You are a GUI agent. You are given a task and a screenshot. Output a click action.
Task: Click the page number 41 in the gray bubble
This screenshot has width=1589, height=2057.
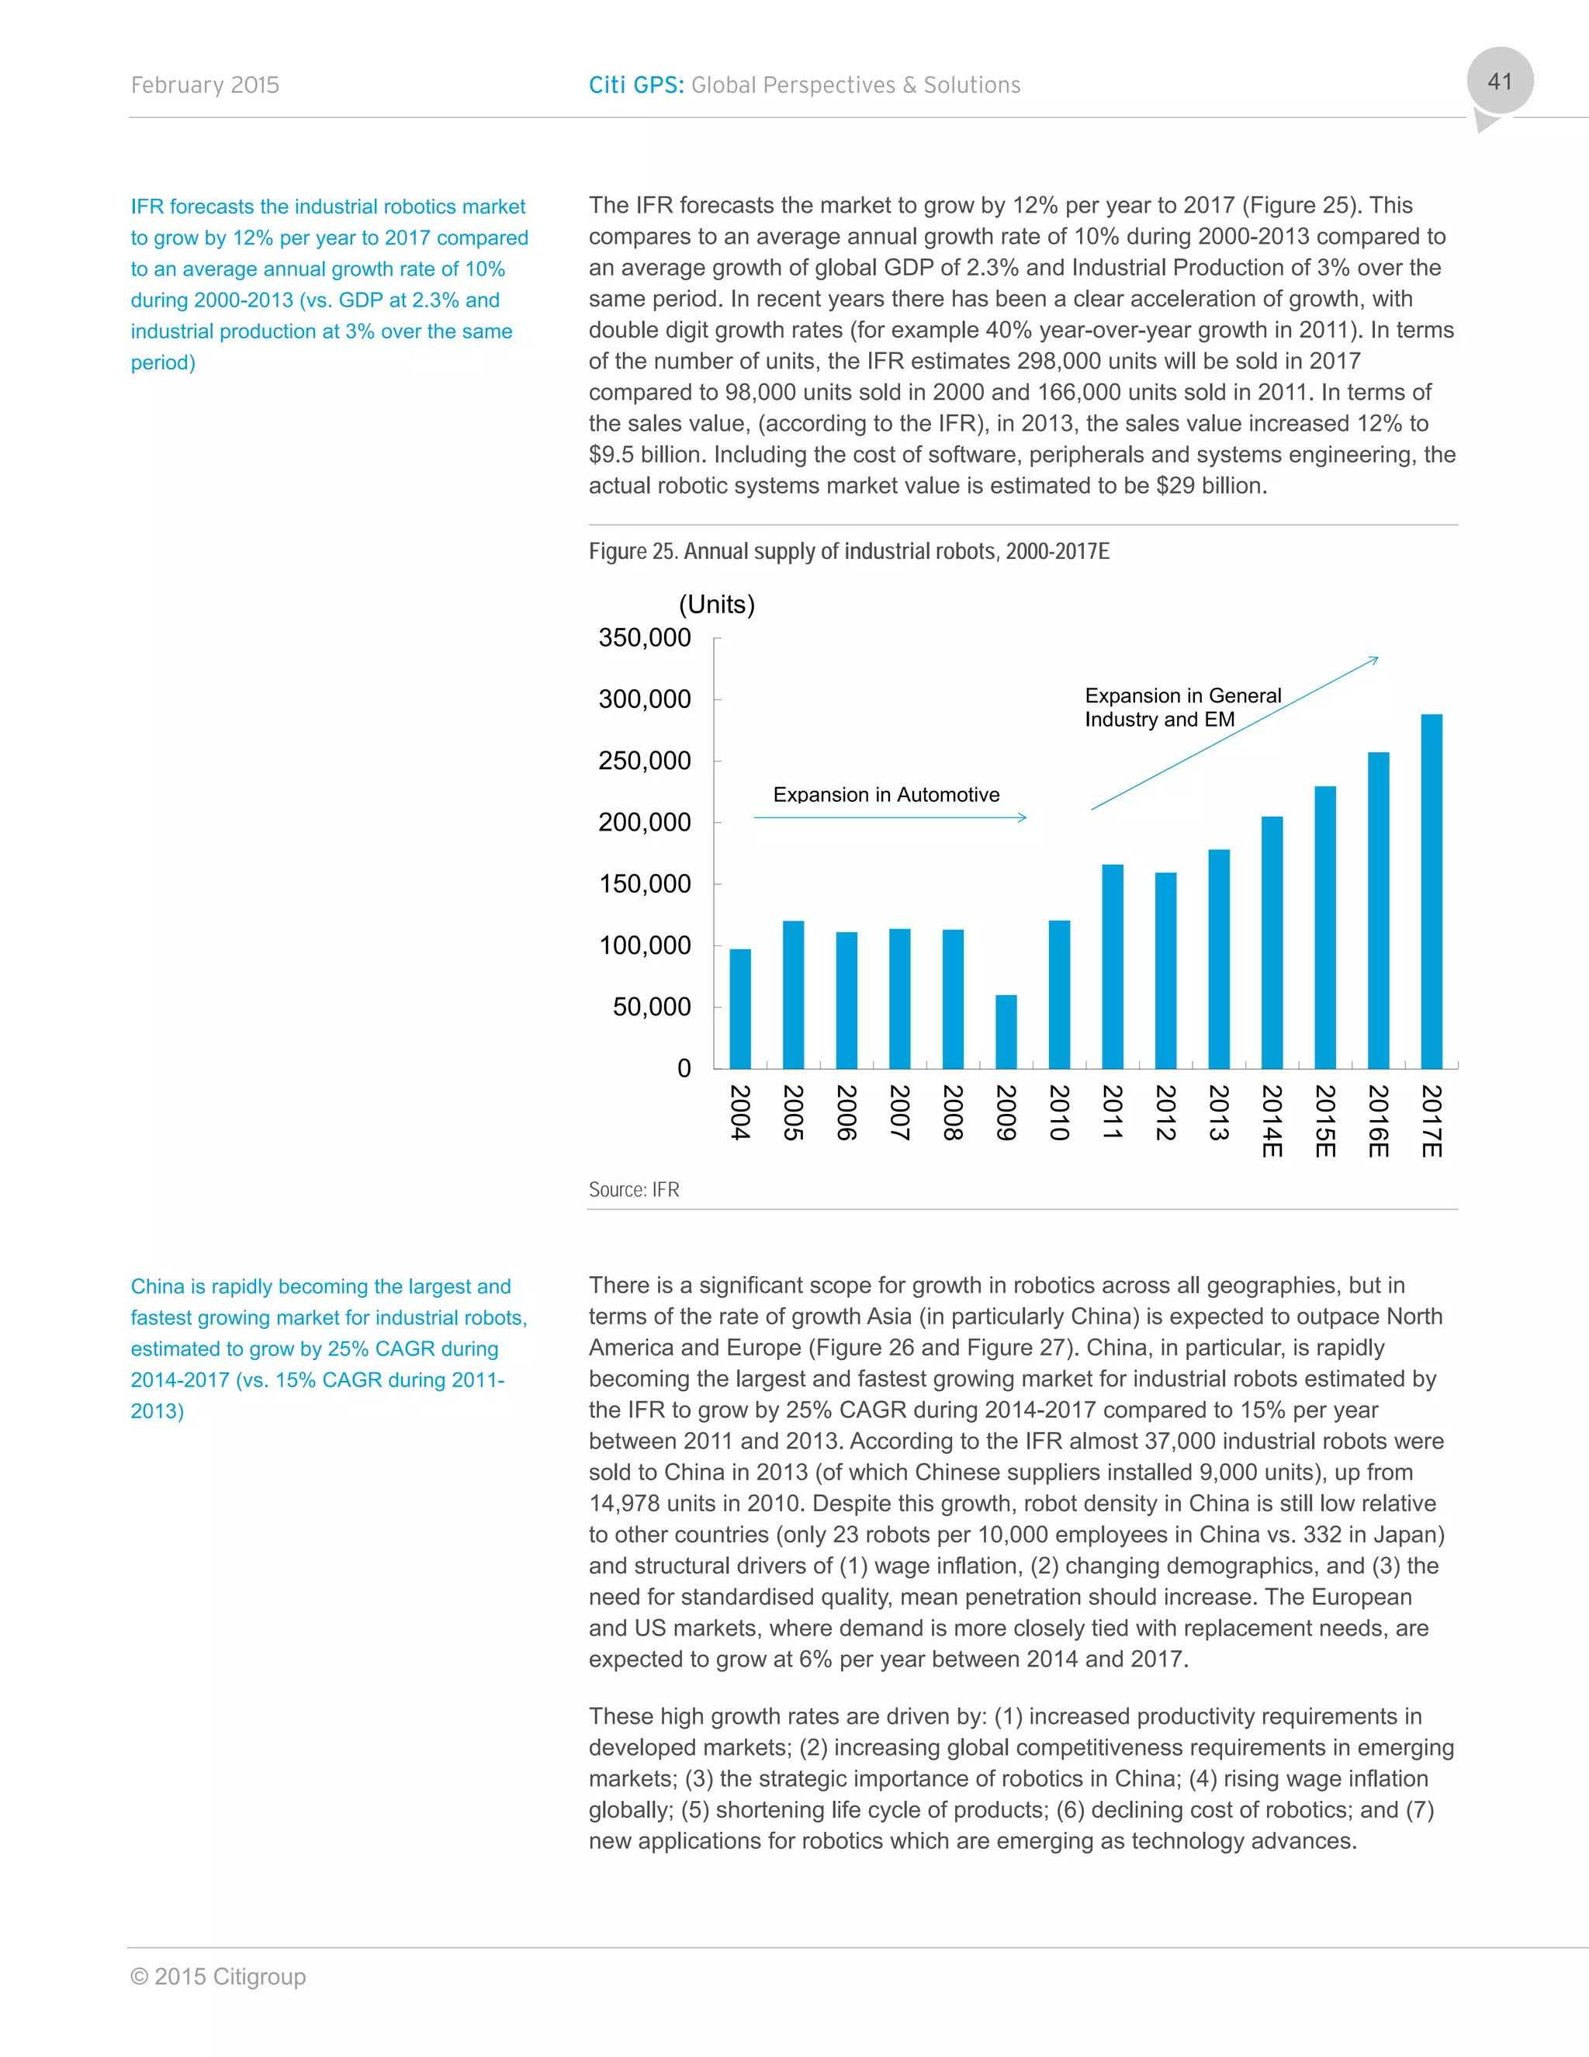[x=1499, y=82]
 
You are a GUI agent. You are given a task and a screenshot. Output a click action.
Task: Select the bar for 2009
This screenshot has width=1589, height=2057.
[x=1006, y=1032]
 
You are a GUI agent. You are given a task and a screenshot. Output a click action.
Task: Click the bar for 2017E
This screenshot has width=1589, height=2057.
[x=1431, y=891]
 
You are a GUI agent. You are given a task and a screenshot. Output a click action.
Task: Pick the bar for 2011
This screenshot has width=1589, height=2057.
[x=1112, y=966]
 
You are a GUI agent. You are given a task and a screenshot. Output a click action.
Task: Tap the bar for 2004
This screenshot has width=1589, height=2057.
[x=740, y=1009]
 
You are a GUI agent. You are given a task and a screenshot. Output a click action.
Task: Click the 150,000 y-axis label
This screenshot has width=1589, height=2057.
[x=645, y=884]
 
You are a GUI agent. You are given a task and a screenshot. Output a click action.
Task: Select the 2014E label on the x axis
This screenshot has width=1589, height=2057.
[x=1272, y=1121]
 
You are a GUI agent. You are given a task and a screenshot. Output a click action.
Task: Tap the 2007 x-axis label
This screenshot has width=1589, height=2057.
[x=900, y=1112]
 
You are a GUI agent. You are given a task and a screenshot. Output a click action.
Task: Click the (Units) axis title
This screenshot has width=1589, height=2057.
[x=716, y=605]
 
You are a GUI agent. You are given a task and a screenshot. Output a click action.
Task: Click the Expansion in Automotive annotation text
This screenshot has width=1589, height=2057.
[x=886, y=795]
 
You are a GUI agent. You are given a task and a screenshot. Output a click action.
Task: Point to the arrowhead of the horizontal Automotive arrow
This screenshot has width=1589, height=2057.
[x=1023, y=817]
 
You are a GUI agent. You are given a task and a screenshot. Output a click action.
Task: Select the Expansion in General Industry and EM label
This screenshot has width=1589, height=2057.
[x=1182, y=707]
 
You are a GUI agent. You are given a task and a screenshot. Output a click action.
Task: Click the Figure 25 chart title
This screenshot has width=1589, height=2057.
[x=848, y=552]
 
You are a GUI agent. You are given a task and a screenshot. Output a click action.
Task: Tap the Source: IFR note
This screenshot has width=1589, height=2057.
[x=634, y=1189]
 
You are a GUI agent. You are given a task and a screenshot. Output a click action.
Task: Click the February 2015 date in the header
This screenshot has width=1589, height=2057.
[x=205, y=85]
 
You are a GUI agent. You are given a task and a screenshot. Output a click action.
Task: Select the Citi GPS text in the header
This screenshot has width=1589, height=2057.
[x=635, y=85]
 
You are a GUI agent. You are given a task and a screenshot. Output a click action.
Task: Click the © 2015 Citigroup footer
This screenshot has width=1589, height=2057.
[x=218, y=1976]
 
